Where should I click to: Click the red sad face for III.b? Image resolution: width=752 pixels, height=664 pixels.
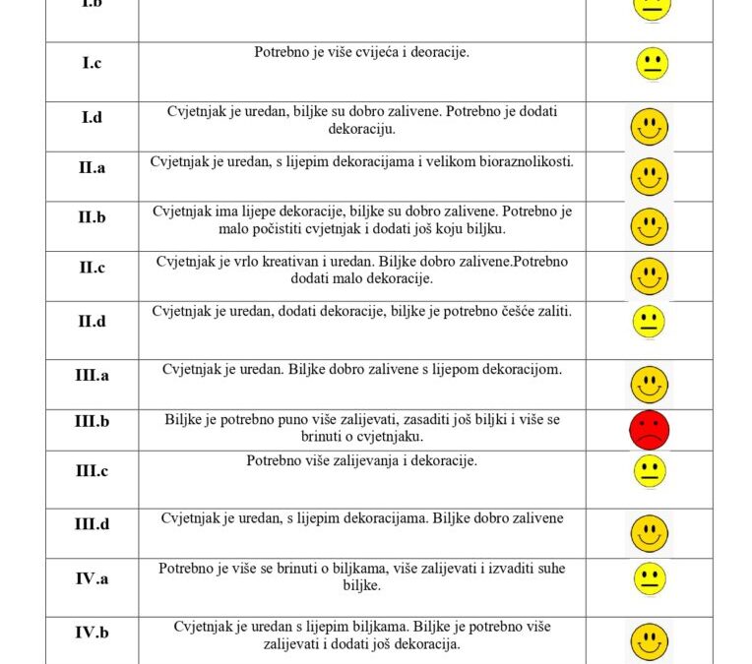pyautogui.click(x=649, y=430)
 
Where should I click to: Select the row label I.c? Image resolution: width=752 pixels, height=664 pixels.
pyautogui.click(x=92, y=63)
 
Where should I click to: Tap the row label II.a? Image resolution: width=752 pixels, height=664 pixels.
pyautogui.click(x=92, y=167)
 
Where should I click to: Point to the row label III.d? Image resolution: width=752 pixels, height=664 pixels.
pyautogui.click(x=92, y=523)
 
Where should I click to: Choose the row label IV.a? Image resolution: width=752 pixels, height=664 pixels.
pyautogui.click(x=92, y=578)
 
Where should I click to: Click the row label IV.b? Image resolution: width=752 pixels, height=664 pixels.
pyautogui.click(x=92, y=633)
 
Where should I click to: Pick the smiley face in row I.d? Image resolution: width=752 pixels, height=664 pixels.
pyautogui.click(x=649, y=127)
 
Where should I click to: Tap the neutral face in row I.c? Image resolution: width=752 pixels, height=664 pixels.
pyautogui.click(x=650, y=64)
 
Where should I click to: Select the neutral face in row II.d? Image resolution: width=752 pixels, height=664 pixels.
pyautogui.click(x=649, y=322)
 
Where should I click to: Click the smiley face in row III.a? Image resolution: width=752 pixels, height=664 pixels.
pyautogui.click(x=649, y=383)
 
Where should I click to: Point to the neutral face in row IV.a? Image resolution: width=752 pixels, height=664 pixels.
pyautogui.click(x=649, y=577)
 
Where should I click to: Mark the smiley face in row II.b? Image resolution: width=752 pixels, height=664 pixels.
pyautogui.click(x=649, y=226)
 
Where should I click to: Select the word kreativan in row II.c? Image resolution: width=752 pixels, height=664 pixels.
pyautogui.click(x=281, y=262)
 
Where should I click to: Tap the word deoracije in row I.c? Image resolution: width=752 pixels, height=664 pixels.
pyautogui.click(x=437, y=51)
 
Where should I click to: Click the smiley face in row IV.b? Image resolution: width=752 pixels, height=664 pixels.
pyautogui.click(x=649, y=641)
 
